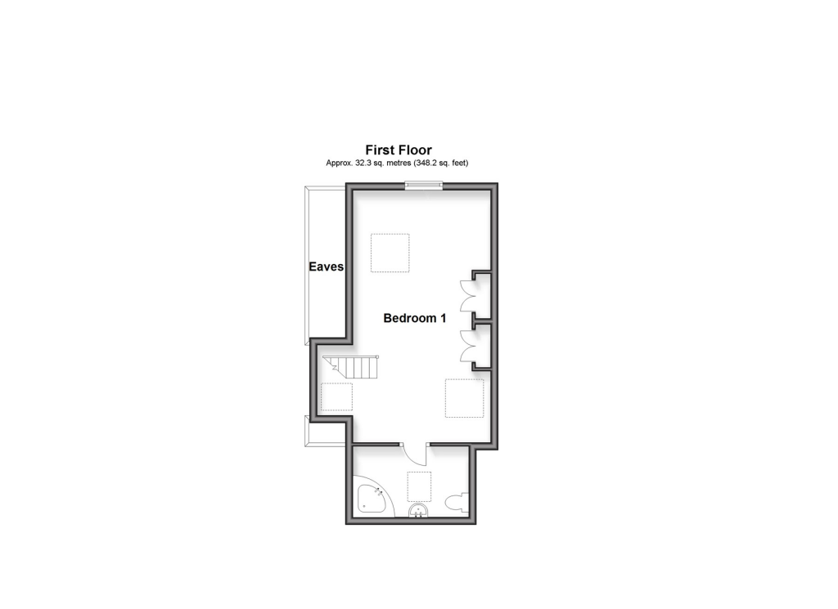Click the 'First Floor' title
(x=398, y=150)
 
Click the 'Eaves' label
(x=326, y=266)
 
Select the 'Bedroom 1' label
(x=415, y=319)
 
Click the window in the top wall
(x=425, y=186)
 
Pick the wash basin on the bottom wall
(x=418, y=512)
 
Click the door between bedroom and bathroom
(x=416, y=454)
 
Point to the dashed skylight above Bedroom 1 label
(x=390, y=253)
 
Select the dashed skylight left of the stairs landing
(x=336, y=397)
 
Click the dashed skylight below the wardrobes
(x=464, y=398)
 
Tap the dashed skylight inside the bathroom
(x=419, y=486)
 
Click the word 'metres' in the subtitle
(x=393, y=163)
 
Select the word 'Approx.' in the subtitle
(x=339, y=163)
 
